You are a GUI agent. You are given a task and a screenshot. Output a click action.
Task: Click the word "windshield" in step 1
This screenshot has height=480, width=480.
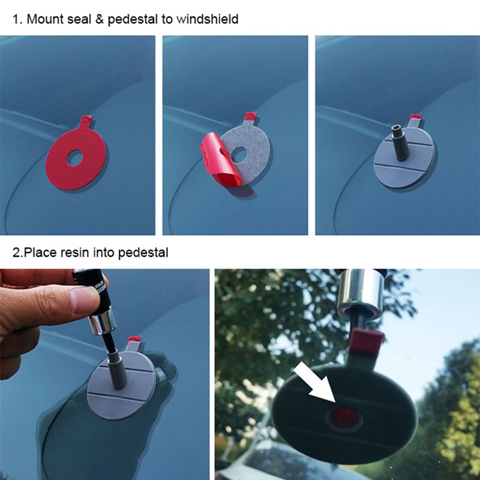click(207, 19)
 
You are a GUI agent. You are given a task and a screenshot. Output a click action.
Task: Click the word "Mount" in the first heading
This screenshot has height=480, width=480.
click(44, 19)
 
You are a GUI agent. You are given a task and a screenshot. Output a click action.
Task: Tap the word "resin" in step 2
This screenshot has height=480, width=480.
click(73, 253)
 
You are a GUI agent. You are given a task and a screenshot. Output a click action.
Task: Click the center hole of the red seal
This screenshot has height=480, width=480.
click(75, 158)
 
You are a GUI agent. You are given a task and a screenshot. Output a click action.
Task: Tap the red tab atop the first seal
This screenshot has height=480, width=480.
click(86, 120)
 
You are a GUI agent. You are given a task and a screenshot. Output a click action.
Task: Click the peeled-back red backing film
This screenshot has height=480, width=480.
click(220, 163)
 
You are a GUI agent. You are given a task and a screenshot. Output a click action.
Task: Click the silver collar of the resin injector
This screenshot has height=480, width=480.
click(101, 324)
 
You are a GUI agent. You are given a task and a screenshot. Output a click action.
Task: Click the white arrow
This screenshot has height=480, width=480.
click(314, 383)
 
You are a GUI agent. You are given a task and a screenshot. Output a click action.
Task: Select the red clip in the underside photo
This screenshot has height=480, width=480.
click(367, 342)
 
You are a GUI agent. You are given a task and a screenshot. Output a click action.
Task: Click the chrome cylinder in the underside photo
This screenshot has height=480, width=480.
click(359, 293)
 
